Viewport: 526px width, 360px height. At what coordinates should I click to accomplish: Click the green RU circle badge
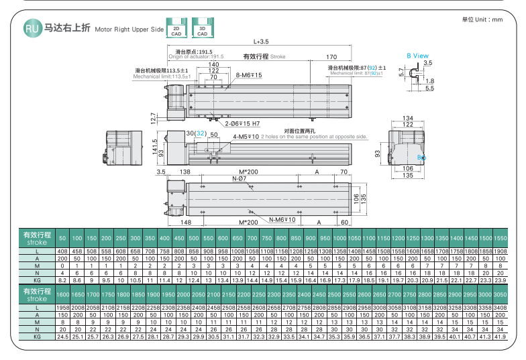pyautogui.click(x=32, y=28)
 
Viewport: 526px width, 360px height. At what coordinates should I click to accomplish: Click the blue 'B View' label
pyautogui.click(x=417, y=56)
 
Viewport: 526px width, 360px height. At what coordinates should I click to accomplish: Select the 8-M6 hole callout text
pyautogui.click(x=249, y=75)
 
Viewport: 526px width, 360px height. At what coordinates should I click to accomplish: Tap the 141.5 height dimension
pyautogui.click(x=154, y=146)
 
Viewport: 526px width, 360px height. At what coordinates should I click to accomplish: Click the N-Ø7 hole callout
pyautogui.click(x=238, y=178)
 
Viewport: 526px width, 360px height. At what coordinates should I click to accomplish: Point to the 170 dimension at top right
pyautogui.click(x=331, y=57)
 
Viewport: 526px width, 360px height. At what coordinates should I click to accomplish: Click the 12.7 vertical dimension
pyautogui.click(x=154, y=119)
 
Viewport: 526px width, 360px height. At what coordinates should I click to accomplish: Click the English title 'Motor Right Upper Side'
pyautogui.click(x=129, y=30)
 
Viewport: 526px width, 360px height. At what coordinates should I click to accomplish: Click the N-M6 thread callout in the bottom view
pyautogui.click(x=282, y=219)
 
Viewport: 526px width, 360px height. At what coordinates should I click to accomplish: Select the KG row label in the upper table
pyautogui.click(x=37, y=280)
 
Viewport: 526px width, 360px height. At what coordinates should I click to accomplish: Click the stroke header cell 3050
pyautogui.click(x=499, y=294)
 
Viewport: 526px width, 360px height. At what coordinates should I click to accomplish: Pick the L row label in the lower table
pyautogui.click(x=37, y=307)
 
